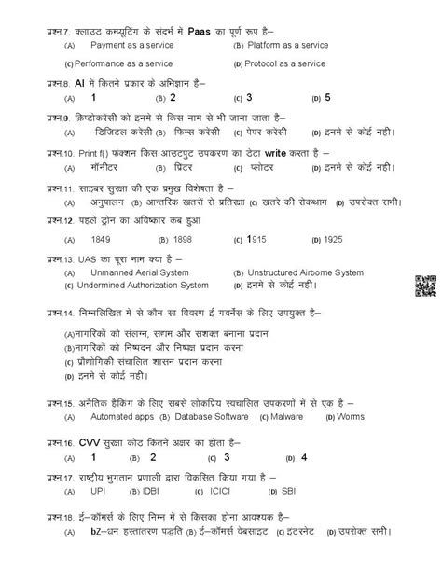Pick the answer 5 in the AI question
(328, 97)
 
